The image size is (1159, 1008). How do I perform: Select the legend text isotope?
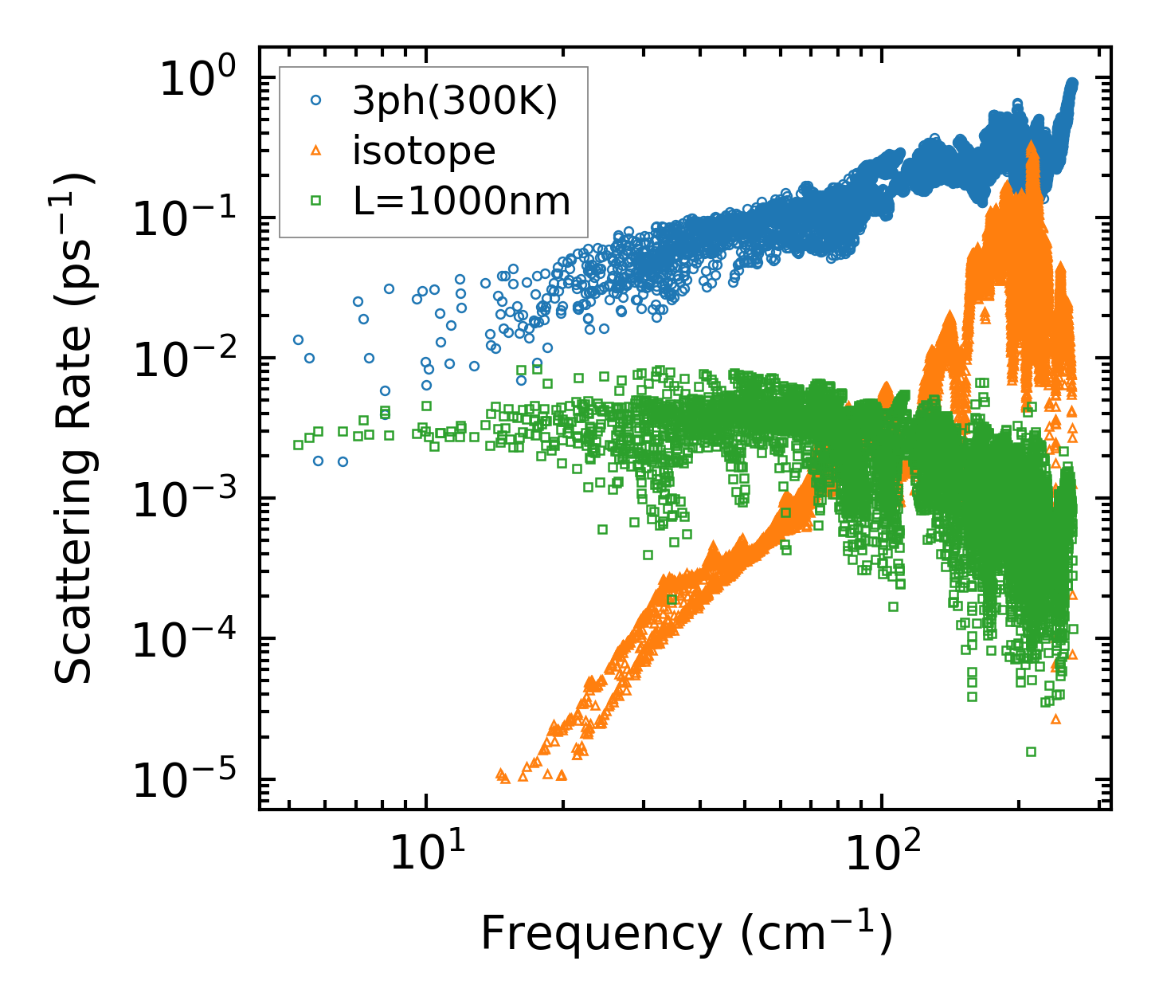[x=424, y=151]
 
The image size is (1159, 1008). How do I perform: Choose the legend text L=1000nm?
[x=462, y=201]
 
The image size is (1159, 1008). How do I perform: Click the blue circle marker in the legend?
[x=316, y=100]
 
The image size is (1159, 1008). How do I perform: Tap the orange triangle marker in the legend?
[x=316, y=151]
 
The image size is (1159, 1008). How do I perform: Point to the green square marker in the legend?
[x=316, y=201]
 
